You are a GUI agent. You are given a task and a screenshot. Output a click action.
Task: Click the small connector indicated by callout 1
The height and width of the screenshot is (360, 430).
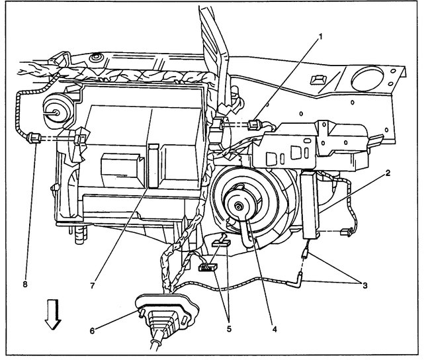tap(253, 123)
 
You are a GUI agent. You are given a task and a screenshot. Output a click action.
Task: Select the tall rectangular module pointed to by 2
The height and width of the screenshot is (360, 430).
tap(312, 205)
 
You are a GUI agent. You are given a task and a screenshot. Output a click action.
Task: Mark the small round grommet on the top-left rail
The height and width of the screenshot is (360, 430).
tap(97, 58)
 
